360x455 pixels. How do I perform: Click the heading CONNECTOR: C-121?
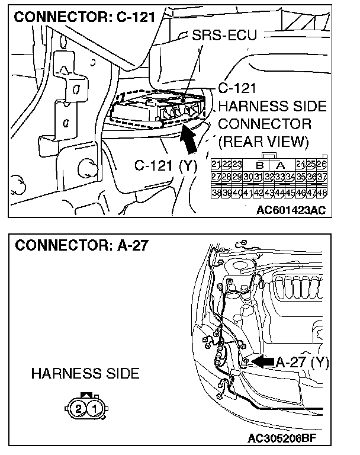click(84, 17)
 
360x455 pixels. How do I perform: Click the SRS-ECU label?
click(225, 35)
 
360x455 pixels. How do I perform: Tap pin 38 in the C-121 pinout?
click(216, 193)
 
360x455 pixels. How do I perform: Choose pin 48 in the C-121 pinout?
click(322, 193)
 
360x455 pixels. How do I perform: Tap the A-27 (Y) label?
click(303, 361)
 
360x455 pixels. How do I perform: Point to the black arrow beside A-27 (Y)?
click(262, 360)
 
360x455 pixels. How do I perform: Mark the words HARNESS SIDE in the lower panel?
click(85, 373)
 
